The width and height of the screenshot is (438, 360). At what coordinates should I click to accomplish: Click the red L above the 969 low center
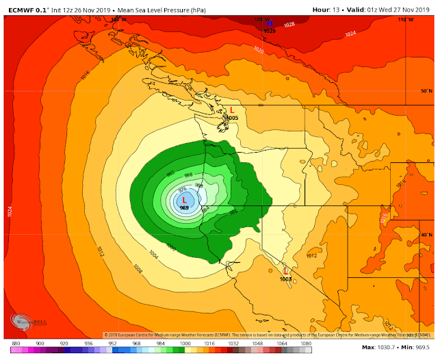tap(184, 199)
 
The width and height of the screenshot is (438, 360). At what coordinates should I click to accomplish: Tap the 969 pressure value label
tap(184, 207)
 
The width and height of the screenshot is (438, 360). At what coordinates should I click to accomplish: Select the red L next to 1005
tap(232, 110)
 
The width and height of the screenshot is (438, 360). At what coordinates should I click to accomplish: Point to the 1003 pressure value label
tap(285, 279)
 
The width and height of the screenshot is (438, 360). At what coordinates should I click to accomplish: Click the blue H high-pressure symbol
tap(269, 23)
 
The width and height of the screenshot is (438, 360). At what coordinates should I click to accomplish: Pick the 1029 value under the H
tap(269, 31)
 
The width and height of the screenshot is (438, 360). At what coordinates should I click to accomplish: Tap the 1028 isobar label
tap(289, 25)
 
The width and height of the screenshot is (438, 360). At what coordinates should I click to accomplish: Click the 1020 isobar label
tap(258, 50)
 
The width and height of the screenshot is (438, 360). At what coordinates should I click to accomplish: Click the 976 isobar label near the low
tap(182, 190)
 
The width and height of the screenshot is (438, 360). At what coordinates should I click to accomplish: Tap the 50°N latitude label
tap(426, 91)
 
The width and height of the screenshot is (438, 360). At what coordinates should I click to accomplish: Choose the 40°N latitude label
tap(426, 235)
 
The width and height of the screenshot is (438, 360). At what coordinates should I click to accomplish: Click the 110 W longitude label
tap(405, 20)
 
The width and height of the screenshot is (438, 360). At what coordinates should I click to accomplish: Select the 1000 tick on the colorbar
tap(185, 342)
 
